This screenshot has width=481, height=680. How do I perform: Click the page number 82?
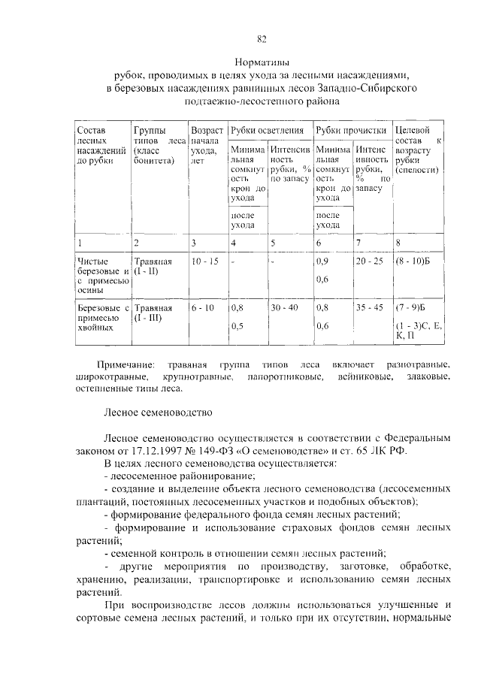pyautogui.click(x=261, y=40)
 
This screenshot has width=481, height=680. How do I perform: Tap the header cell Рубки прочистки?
pyautogui.click(x=350, y=130)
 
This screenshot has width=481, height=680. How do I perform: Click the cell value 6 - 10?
pyautogui.click(x=203, y=307)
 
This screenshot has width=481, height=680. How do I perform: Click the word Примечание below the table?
pyautogui.click(x=130, y=364)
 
